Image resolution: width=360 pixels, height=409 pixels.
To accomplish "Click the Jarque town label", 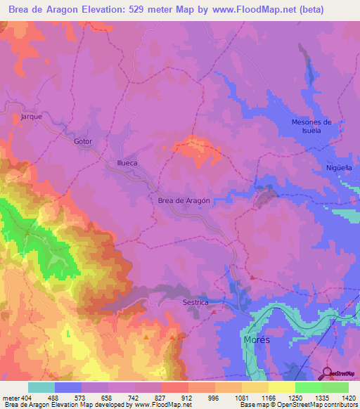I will [32, 116].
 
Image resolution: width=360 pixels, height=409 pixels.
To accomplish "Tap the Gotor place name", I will [83, 141].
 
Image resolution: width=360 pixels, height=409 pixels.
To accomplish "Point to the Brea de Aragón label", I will [184, 200].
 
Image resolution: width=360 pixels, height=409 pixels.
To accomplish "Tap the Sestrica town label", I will [195, 302].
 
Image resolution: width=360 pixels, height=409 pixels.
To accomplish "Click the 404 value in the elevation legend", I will [27, 397].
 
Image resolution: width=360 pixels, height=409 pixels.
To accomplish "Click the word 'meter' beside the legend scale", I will [11, 397].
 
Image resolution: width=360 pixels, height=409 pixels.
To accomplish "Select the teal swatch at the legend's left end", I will [41, 387].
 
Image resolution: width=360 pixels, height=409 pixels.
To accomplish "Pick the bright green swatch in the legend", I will [309, 387].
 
